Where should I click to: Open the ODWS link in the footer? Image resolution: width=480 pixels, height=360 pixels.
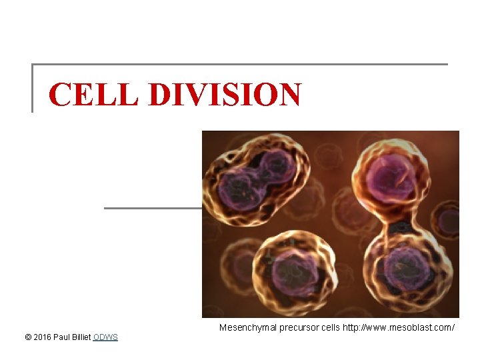click(x=105, y=337)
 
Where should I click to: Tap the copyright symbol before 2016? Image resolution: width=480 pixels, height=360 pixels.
click(x=27, y=337)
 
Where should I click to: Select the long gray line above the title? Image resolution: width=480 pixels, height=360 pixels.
click(x=240, y=65)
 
